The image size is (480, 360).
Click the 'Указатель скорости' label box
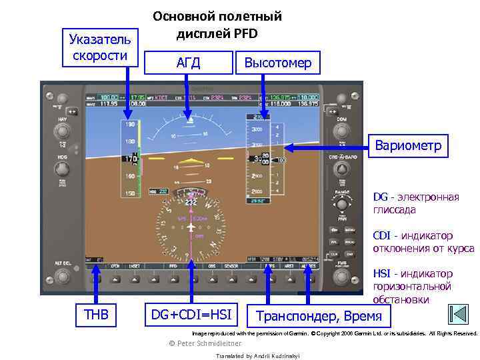[99, 47]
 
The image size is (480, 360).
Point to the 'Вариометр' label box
[407, 145]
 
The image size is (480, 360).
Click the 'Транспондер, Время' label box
[319, 315]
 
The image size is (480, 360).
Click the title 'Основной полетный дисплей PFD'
[217, 25]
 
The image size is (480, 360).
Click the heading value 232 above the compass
[191, 202]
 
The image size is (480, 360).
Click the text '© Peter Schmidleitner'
[206, 343]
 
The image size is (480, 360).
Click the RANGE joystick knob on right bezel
[341, 205]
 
